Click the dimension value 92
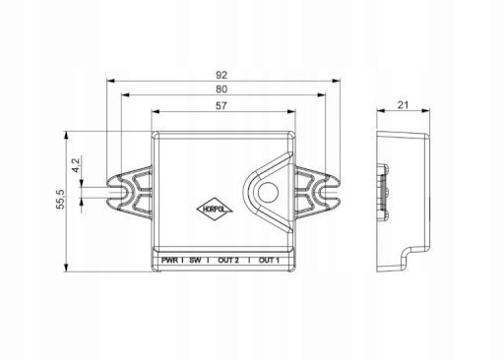221,75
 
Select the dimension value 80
221,90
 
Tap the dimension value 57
221,105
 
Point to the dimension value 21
404,105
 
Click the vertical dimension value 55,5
60,199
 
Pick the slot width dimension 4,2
76,165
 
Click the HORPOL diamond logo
215,210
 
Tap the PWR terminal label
170,261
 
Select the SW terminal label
195,261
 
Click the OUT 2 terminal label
228,261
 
